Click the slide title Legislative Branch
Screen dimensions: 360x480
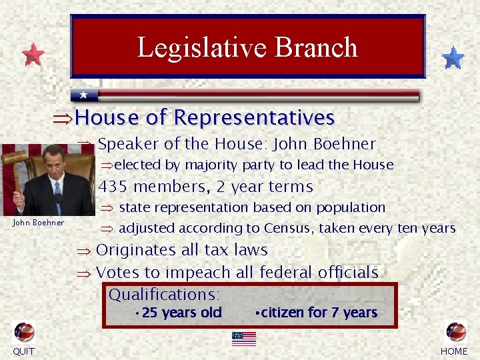pyautogui.click(x=247, y=47)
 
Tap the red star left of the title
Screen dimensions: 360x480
pyautogui.click(x=33, y=55)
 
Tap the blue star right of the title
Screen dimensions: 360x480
pyautogui.click(x=453, y=58)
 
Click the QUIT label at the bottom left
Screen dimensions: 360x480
pyautogui.click(x=23, y=351)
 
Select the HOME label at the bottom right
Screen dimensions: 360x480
pyautogui.click(x=455, y=351)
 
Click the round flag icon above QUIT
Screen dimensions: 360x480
pyautogui.click(x=24, y=332)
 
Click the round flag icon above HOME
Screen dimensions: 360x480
pyautogui.click(x=456, y=332)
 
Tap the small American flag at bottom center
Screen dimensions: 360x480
pyautogui.click(x=244, y=338)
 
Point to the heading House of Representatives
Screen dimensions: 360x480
pyautogui.click(x=205, y=118)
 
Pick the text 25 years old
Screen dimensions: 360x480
pyautogui.click(x=181, y=313)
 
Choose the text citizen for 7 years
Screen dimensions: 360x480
pyautogui.click(x=319, y=313)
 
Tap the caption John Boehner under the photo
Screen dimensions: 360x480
pyautogui.click(x=39, y=223)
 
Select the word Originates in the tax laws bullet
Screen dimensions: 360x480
pyautogui.click(x=133, y=250)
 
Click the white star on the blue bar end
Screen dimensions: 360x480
pyautogui.click(x=83, y=95)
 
